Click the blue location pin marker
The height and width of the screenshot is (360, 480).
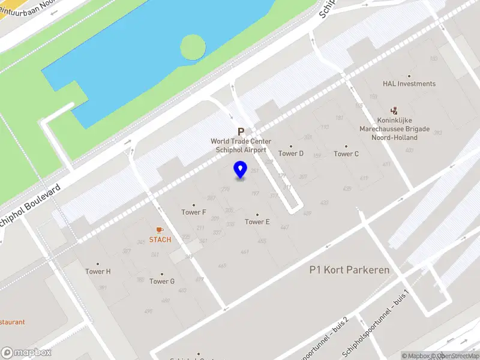pos(240,170)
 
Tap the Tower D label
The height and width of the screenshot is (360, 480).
pos(291,154)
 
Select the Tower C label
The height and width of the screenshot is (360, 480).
pos(346,154)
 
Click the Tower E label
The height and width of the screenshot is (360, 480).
pos(257,222)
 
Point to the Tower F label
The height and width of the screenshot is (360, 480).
pos(194,212)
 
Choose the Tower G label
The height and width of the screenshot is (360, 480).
pos(162,281)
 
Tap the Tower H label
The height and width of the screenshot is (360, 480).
pos(98,271)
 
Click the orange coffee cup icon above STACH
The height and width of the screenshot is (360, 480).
pos(160,230)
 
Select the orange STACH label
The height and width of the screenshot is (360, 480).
pos(160,240)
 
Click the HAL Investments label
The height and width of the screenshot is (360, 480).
pos(409,84)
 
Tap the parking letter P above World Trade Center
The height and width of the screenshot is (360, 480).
pos(241,132)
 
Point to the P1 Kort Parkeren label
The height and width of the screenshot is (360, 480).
pos(349,270)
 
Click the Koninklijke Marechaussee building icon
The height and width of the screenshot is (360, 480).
pos(394,110)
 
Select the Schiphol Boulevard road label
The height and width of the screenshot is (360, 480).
pos(30,204)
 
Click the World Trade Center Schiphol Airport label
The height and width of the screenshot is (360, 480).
pos(241,146)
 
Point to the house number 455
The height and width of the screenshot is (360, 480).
pos(262,241)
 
